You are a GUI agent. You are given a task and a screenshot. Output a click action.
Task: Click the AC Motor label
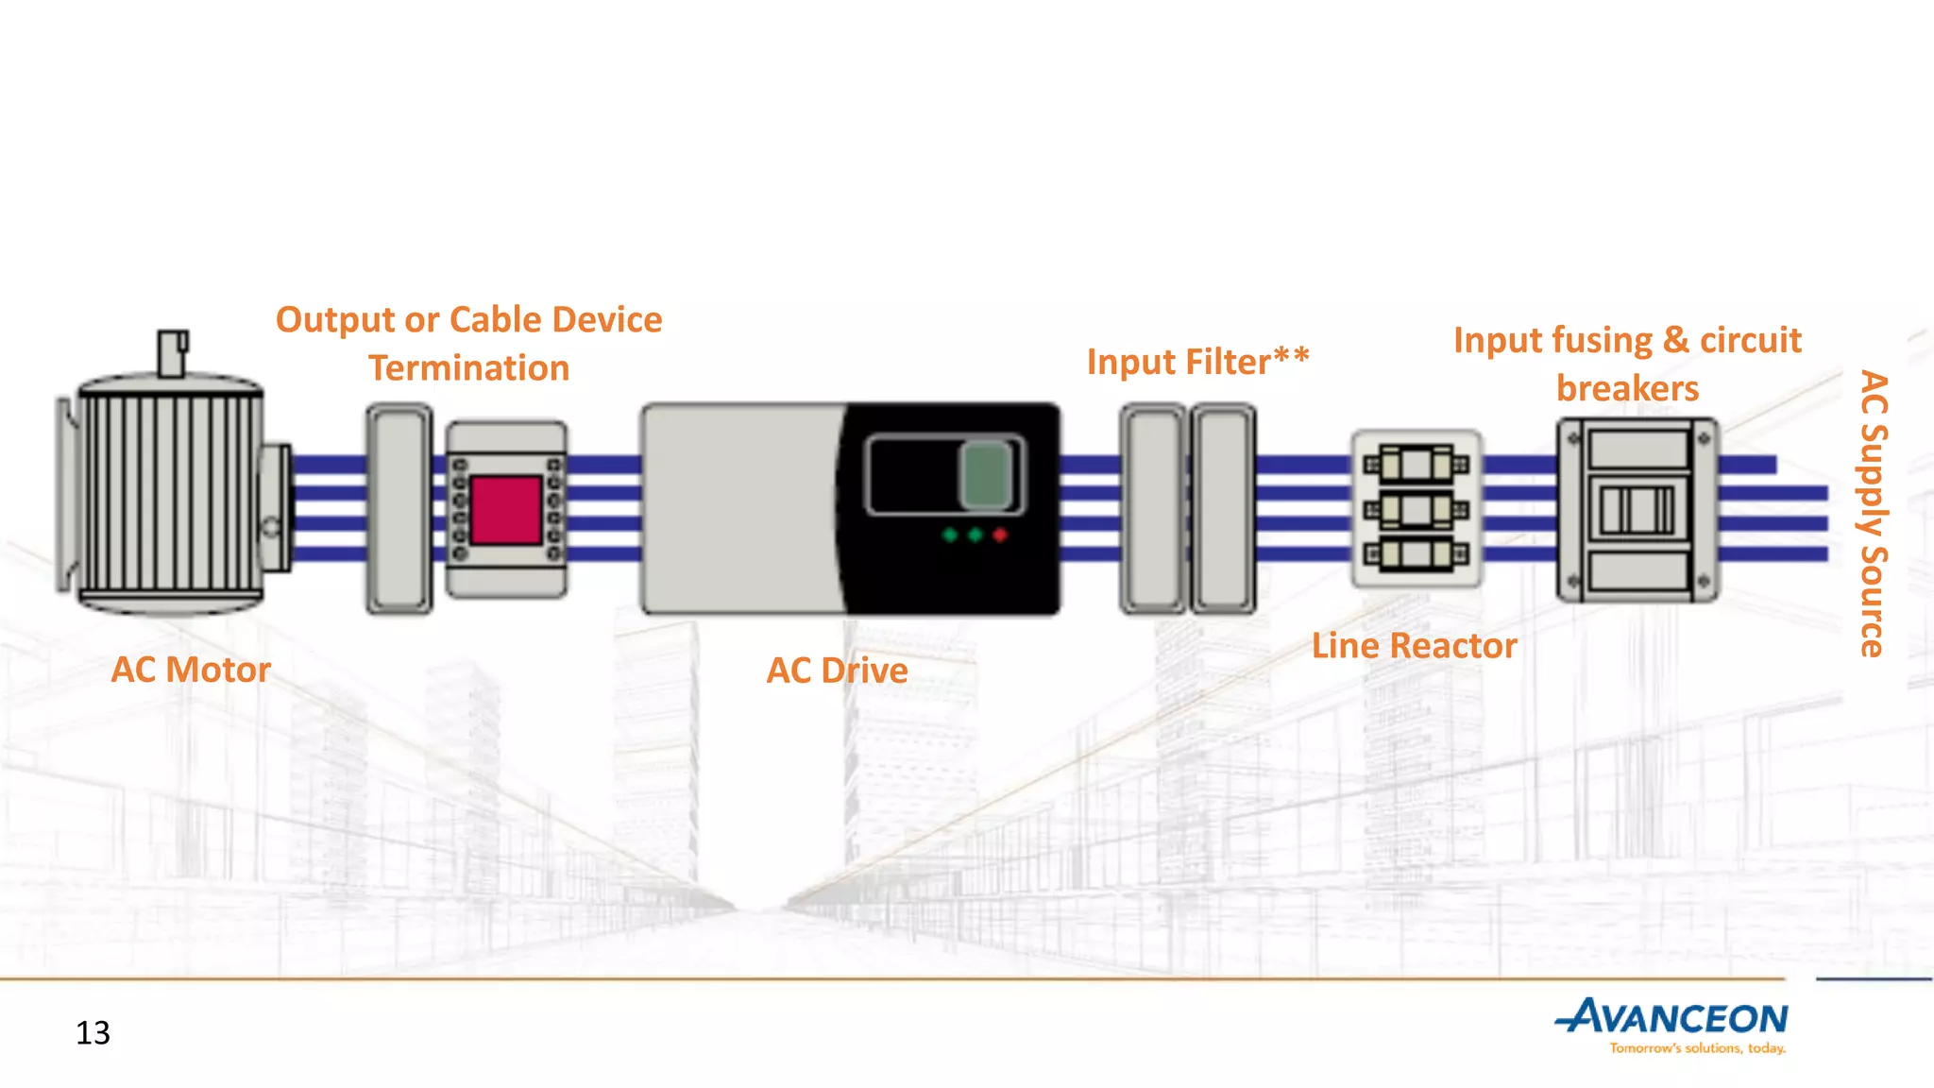click(x=191, y=670)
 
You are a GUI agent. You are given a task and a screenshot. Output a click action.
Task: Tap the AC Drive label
click(x=837, y=671)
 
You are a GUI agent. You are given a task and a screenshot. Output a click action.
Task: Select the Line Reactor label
click(x=1414, y=646)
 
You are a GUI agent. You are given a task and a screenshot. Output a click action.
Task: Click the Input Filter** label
click(x=1197, y=362)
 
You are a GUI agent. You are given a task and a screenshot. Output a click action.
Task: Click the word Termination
click(x=468, y=368)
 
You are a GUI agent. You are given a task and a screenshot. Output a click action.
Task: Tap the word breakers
click(x=1627, y=388)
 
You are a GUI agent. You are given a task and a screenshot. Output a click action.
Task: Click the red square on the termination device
click(x=505, y=510)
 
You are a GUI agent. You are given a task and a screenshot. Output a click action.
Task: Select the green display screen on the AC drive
click(x=985, y=474)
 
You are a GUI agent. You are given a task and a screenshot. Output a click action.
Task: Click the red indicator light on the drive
click(x=1000, y=535)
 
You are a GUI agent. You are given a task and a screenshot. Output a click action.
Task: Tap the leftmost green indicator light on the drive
click(x=950, y=535)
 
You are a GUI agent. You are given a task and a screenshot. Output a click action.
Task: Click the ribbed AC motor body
click(x=170, y=501)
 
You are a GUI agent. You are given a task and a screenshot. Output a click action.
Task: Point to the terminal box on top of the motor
click(x=172, y=352)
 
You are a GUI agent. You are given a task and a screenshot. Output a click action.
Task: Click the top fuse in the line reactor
click(x=1416, y=465)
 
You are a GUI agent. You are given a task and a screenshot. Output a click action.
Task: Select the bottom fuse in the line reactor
click(x=1416, y=553)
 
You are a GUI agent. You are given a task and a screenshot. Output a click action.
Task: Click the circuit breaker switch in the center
click(x=1637, y=510)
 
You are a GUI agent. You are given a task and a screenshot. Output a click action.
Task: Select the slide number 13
click(x=93, y=1032)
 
